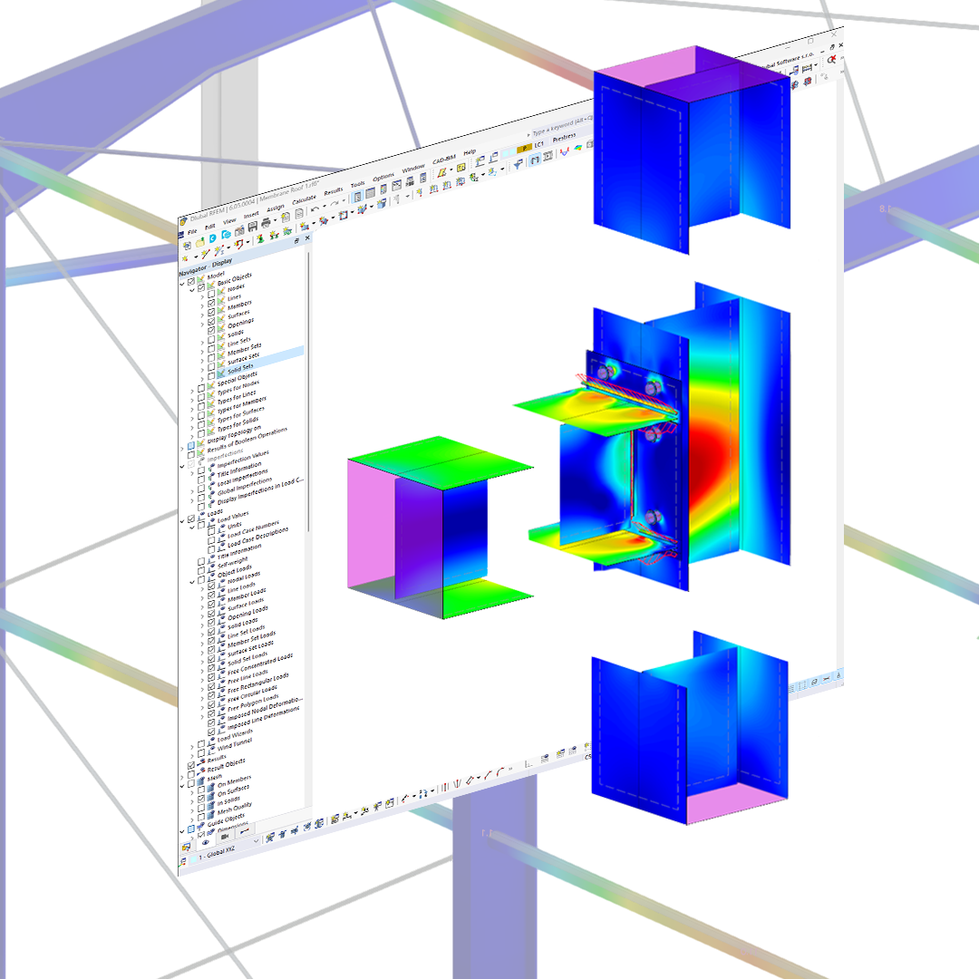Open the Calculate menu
(x=305, y=199)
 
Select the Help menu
(x=469, y=152)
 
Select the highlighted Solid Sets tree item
(x=241, y=367)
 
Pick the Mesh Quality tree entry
(x=235, y=805)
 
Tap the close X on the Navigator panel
(x=306, y=238)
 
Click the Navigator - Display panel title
(x=205, y=267)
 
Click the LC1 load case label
(x=538, y=143)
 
